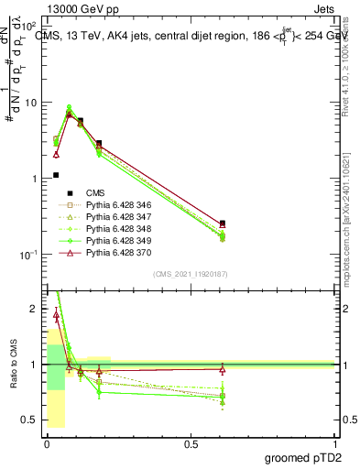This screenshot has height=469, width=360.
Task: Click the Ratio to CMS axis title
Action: point(13,365)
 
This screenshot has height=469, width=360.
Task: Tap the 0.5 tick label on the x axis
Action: point(191,442)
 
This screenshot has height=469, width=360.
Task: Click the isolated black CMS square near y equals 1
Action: point(56,175)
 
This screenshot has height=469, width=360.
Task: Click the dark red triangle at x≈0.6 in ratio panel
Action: point(223,369)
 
